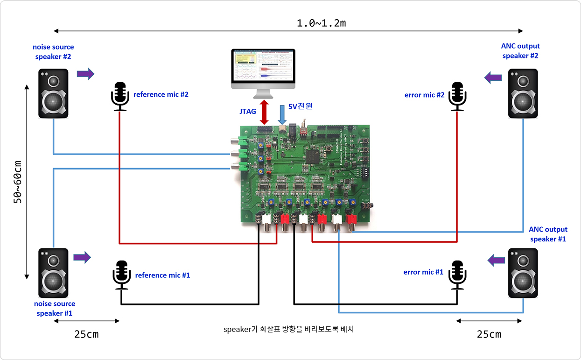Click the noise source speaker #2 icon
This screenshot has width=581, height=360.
click(53, 93)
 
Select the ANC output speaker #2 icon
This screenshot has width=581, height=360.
click(523, 93)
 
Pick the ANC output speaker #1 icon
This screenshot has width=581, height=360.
click(523, 273)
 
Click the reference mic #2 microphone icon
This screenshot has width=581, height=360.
click(120, 96)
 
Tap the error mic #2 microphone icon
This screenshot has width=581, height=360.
click(457, 96)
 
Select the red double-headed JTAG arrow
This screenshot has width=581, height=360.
click(265, 112)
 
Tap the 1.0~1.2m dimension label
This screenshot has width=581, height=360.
click(321, 23)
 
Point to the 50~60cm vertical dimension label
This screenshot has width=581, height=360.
click(18, 182)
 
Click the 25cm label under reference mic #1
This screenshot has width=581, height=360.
click(86, 334)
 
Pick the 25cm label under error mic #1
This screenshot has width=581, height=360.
click(489, 334)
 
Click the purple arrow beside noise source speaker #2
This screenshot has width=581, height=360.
click(85, 73)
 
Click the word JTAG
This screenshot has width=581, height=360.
click(247, 112)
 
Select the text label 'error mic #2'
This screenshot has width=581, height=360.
click(424, 95)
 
